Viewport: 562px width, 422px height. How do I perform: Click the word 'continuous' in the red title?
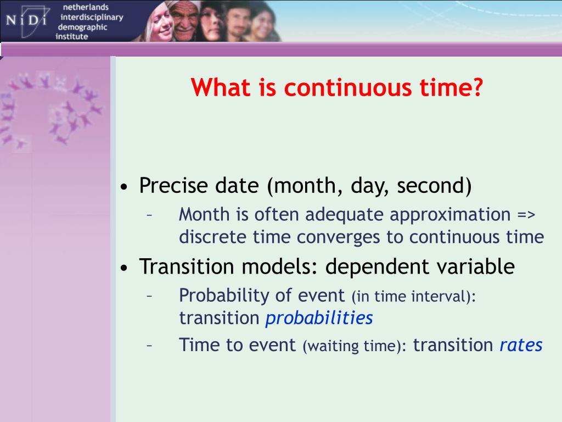[x=347, y=87]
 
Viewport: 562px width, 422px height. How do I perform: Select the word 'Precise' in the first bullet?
[x=173, y=185]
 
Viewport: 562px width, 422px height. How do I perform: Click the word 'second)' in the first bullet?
[x=434, y=186]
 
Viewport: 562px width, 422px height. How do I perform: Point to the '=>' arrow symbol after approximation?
[x=526, y=215]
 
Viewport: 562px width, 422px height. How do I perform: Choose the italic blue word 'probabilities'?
[x=319, y=318]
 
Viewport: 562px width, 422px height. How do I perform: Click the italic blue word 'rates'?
[x=521, y=345]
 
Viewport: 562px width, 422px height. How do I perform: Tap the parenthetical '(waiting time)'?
[x=355, y=346]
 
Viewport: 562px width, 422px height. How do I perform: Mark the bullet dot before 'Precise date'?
[x=124, y=187]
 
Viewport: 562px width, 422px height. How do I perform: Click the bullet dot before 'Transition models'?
[x=124, y=268]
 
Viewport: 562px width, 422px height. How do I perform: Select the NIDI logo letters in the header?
[x=26, y=20]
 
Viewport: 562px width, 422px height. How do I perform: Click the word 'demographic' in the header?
[x=82, y=27]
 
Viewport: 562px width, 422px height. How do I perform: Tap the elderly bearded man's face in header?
[x=184, y=20]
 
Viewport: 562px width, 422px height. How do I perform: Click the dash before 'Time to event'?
[x=149, y=346]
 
